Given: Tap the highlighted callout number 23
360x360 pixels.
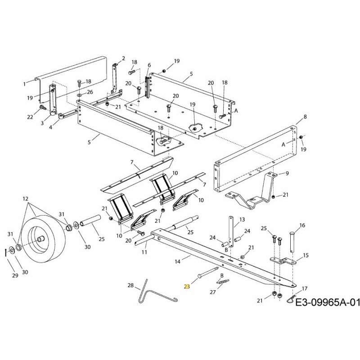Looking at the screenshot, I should [187, 286].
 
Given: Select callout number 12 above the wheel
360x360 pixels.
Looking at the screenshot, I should [25, 198].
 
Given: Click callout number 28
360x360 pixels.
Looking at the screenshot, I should [130, 286].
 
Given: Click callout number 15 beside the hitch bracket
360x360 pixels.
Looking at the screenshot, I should [306, 255].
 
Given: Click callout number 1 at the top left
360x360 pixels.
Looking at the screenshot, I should [25, 84].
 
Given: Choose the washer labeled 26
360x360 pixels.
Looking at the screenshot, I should [79, 95].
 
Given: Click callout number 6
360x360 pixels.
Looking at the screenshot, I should [149, 65].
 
